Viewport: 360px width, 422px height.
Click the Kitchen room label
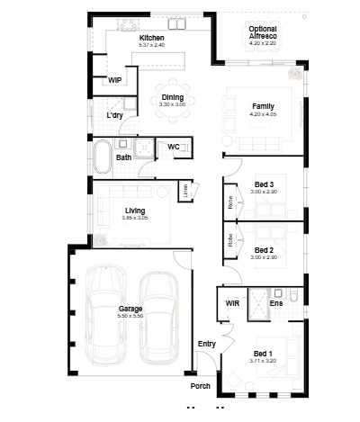(151, 38)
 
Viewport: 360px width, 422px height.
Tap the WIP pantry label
(115, 80)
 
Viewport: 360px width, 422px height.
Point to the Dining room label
(172, 97)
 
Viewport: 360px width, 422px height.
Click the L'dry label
(114, 116)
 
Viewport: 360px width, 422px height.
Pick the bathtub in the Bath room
(102, 157)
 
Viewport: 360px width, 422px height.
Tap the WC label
(174, 147)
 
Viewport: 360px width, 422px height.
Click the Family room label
(263, 106)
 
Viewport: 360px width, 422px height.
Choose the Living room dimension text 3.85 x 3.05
(134, 218)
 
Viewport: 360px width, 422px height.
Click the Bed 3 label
(264, 184)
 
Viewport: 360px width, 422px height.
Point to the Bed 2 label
(264, 250)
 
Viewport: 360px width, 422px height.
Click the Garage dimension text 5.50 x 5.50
(130, 316)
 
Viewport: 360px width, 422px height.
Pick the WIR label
(232, 303)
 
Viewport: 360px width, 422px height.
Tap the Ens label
(276, 303)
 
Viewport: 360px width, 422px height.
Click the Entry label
(206, 344)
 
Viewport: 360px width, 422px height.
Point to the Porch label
(200, 386)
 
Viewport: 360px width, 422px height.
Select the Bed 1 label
(263, 353)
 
